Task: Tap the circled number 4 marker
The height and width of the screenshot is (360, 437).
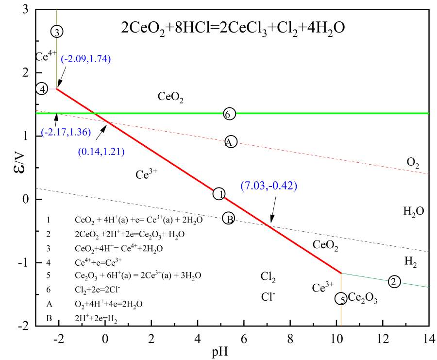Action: [43, 89]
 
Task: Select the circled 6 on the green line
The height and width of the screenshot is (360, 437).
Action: [230, 114]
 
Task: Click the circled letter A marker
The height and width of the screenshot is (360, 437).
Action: [231, 141]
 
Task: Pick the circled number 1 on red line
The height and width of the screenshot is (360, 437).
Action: [219, 193]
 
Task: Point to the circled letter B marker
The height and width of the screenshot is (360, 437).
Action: [229, 219]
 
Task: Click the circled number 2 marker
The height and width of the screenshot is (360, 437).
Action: [395, 281]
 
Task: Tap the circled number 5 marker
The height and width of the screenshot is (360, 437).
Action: [342, 299]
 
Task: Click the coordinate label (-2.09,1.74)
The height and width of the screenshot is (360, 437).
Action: [86, 59]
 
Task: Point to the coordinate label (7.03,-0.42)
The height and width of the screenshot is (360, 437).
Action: [269, 185]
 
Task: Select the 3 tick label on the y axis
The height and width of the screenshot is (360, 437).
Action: [25, 9]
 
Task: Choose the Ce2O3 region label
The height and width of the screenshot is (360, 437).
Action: [363, 298]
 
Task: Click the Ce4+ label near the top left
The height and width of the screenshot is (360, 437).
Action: [46, 56]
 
